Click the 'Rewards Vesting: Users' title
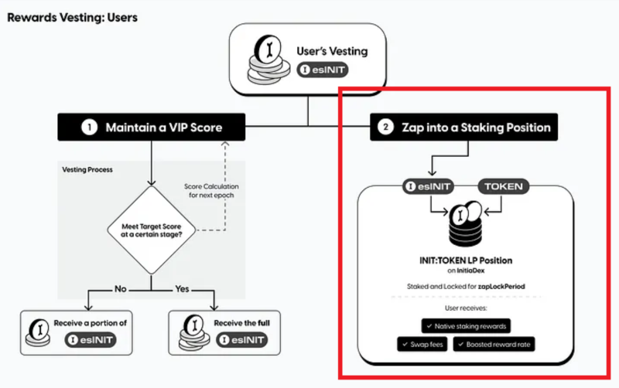[72, 16]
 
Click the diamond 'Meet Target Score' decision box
[151, 228]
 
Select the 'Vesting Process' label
[87, 169]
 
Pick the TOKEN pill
[503, 186]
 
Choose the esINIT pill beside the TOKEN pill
[431, 186]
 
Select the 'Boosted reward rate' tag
[497, 345]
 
